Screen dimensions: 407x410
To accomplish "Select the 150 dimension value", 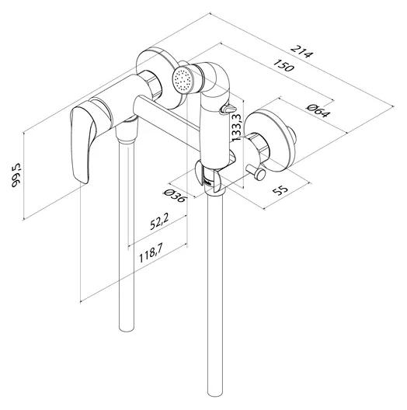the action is tap(284, 65).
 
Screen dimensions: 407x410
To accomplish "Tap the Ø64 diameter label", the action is tap(318, 110).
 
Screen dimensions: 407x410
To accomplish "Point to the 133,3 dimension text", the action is tap(237, 127).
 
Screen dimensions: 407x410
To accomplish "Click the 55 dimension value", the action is tap(280, 190).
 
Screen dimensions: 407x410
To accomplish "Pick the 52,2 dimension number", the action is tap(160, 221).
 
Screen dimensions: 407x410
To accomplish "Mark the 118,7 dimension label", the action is tap(151, 252).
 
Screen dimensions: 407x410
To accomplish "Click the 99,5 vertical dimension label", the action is tap(16, 175).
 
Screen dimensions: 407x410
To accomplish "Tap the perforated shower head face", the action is tap(183, 78).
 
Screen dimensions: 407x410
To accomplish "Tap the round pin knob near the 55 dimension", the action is tap(260, 174).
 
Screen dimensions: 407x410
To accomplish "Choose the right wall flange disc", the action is tap(272, 140).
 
